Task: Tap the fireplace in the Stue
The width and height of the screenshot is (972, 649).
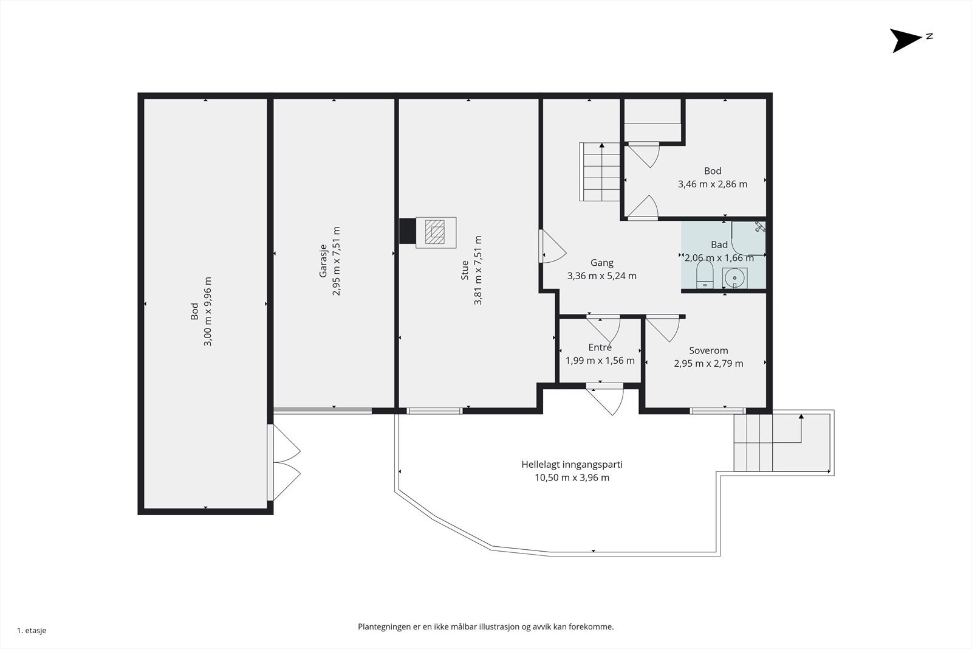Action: pyautogui.click(x=436, y=232)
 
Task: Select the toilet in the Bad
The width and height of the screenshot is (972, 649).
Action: pyautogui.click(x=705, y=274)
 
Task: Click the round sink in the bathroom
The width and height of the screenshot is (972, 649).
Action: pyautogui.click(x=734, y=278)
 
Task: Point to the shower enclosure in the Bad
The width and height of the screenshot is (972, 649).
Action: pyautogui.click(x=748, y=238)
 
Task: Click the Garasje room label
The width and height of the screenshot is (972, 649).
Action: pyautogui.click(x=323, y=261)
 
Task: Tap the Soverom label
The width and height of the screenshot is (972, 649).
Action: pyautogui.click(x=708, y=350)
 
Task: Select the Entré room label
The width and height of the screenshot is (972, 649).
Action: pyautogui.click(x=600, y=347)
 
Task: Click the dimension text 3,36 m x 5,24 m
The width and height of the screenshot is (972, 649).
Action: pyautogui.click(x=602, y=276)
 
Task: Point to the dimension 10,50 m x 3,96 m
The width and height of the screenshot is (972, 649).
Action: pyautogui.click(x=572, y=478)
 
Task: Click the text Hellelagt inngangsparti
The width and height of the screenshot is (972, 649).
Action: pyautogui.click(x=572, y=464)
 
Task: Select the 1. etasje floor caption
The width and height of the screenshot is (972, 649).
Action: pyautogui.click(x=32, y=631)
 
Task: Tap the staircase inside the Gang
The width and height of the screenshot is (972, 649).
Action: pyautogui.click(x=599, y=172)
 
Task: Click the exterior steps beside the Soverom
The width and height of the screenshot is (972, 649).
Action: pyautogui.click(x=782, y=442)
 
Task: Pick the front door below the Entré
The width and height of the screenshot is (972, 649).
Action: pyautogui.click(x=605, y=398)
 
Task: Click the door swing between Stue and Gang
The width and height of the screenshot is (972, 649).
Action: pyautogui.click(x=552, y=246)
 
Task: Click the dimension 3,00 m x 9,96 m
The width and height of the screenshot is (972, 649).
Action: pyautogui.click(x=208, y=311)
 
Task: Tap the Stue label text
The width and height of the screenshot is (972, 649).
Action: pyautogui.click(x=465, y=270)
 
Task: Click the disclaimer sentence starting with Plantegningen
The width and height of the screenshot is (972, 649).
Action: pyautogui.click(x=485, y=627)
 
